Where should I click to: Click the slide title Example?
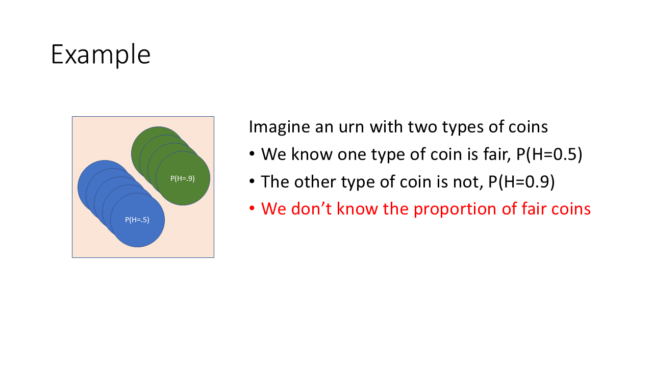tap(101, 55)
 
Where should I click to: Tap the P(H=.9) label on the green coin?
tap(183, 178)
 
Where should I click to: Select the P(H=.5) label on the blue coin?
tap(137, 220)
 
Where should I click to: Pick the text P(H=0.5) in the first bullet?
tap(549, 154)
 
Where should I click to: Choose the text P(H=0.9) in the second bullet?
tap(521, 182)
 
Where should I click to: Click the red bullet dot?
tap(252, 208)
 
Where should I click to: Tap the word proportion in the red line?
tap(455, 209)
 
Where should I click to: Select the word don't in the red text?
tap(311, 208)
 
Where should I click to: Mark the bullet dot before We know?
tap(252, 153)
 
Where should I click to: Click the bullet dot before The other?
tap(252, 181)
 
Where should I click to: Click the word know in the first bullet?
tap(312, 154)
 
